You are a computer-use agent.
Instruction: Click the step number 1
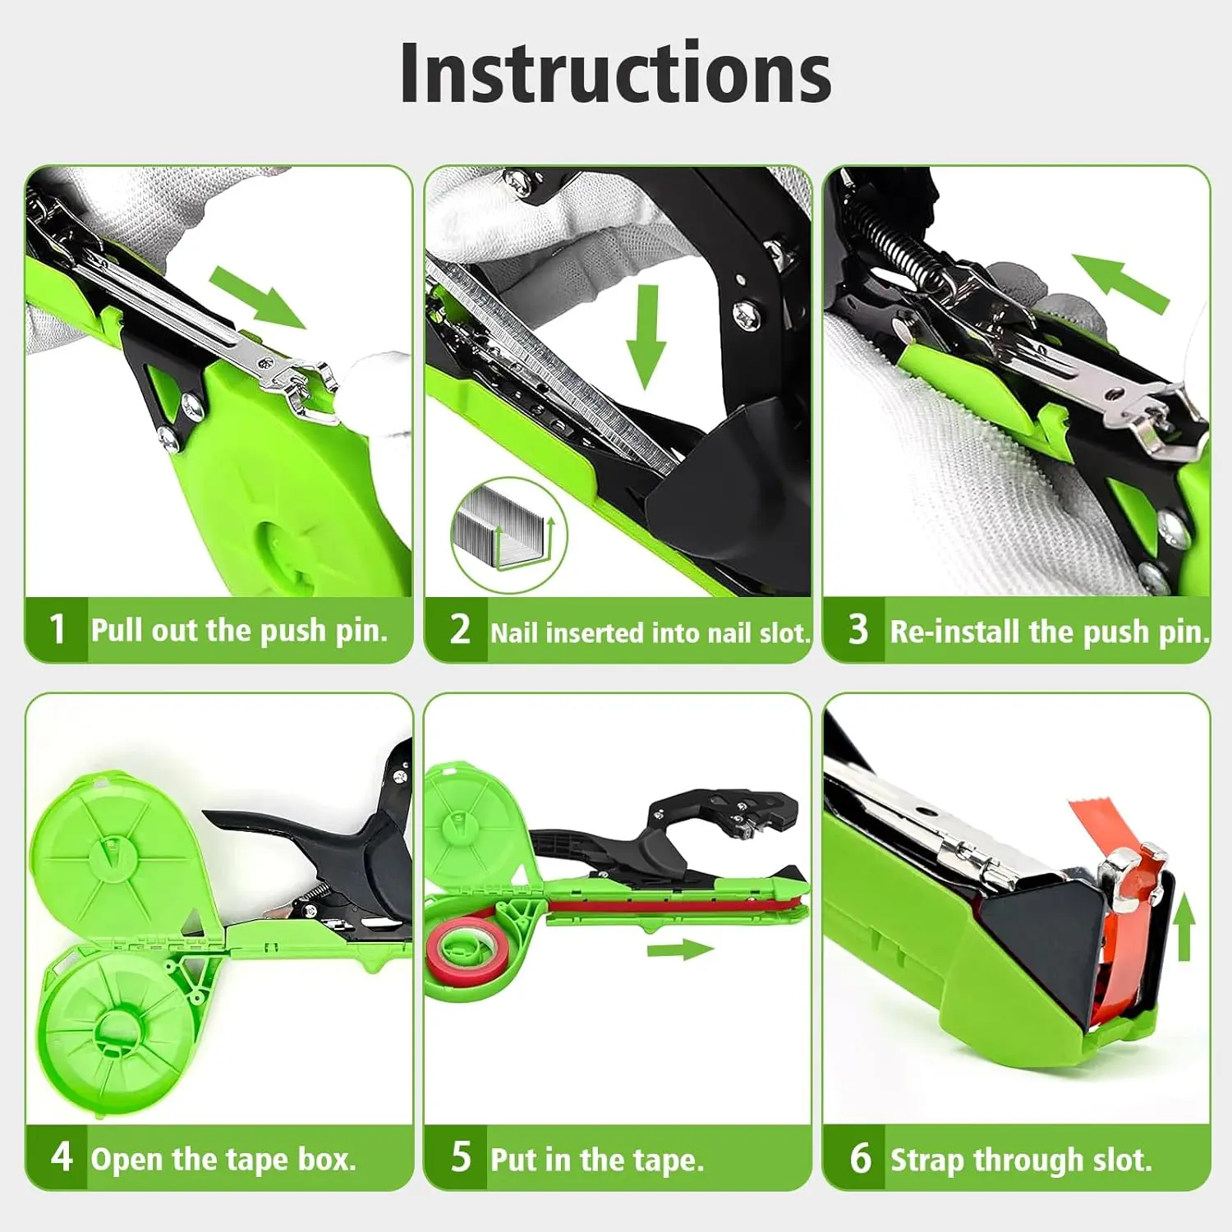(x=57, y=629)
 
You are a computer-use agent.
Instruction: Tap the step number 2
(x=460, y=629)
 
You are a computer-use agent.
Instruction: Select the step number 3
(x=858, y=629)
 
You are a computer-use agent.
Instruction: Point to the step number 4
(x=62, y=1156)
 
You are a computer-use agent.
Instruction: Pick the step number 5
(x=461, y=1156)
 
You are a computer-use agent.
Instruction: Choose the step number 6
(x=860, y=1157)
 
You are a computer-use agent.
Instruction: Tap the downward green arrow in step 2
(x=647, y=338)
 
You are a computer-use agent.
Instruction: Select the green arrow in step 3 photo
(x=1120, y=283)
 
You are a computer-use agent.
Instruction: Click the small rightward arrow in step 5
(x=680, y=950)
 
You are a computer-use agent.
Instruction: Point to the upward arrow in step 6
(x=1184, y=926)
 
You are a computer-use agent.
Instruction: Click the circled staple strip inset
(x=509, y=535)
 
